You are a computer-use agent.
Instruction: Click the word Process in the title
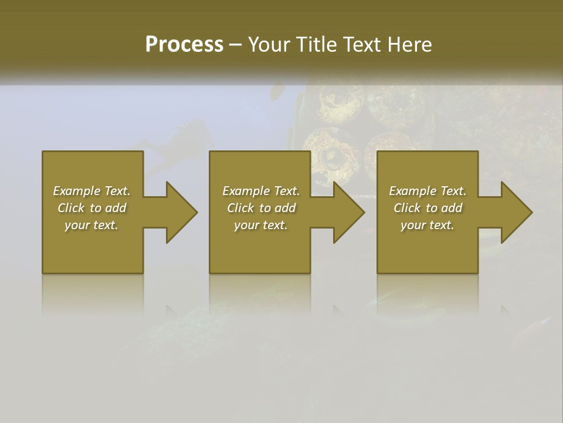click(184, 45)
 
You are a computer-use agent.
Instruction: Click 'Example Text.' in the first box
click(91, 191)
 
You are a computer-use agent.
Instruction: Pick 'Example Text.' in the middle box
click(261, 191)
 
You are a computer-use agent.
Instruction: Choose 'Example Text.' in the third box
click(428, 191)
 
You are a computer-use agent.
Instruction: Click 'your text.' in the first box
click(91, 225)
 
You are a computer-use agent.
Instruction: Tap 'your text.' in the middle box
click(261, 225)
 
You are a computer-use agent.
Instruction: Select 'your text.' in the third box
click(428, 225)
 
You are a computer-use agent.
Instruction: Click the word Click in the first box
click(71, 208)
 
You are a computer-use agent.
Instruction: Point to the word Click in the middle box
click(240, 208)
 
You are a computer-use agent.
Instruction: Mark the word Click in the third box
click(407, 208)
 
